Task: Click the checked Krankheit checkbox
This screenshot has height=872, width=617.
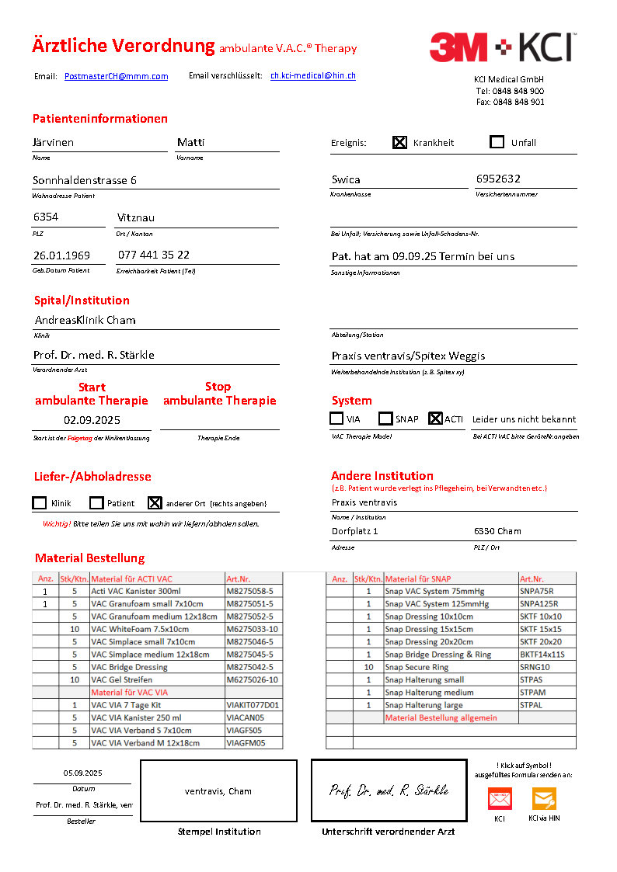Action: click(x=399, y=142)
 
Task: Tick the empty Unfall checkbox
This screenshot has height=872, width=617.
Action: click(x=497, y=142)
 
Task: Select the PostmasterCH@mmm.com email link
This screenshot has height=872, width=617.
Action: click(x=116, y=76)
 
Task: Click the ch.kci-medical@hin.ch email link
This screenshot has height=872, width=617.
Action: click(x=313, y=75)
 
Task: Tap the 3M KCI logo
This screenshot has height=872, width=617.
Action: click(x=502, y=47)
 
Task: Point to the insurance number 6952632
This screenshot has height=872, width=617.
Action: click(x=498, y=179)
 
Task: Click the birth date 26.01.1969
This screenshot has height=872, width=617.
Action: click(x=61, y=255)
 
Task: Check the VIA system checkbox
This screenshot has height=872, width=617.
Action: click(x=336, y=419)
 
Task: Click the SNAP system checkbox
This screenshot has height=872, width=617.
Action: click(x=385, y=419)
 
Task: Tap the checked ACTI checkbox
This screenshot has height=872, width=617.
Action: click(x=435, y=419)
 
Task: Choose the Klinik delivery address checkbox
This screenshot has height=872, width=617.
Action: click(x=40, y=503)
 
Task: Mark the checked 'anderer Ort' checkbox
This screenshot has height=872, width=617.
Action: click(x=155, y=503)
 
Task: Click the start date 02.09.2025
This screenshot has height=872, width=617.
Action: click(x=92, y=420)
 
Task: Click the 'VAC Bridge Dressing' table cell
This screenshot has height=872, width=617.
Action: click(x=129, y=667)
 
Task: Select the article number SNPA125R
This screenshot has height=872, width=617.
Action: click(x=539, y=604)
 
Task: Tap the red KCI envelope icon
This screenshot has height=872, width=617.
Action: click(x=500, y=799)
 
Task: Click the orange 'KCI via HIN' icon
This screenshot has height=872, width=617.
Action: click(x=544, y=799)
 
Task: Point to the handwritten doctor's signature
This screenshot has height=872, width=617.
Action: click(x=388, y=790)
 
